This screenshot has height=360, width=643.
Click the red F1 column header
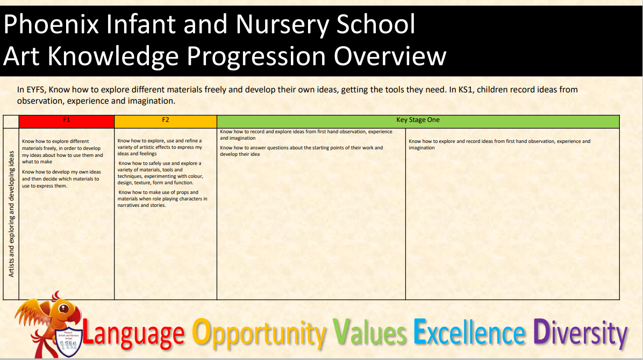[67, 121]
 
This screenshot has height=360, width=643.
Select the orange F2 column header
[166, 121]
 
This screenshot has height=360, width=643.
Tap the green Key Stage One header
[418, 121]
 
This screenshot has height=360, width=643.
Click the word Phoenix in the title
[51, 24]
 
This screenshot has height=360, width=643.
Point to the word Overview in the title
[390, 56]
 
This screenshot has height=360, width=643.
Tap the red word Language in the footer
[133, 334]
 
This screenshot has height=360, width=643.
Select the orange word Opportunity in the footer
[259, 334]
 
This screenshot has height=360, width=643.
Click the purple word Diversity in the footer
[580, 334]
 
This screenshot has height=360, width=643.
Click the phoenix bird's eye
[63, 308]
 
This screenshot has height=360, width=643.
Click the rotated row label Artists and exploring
[11, 214]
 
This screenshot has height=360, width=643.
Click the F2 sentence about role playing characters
[163, 198]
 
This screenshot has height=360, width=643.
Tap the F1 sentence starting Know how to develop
[61, 179]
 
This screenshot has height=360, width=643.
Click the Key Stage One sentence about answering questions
[302, 151]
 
